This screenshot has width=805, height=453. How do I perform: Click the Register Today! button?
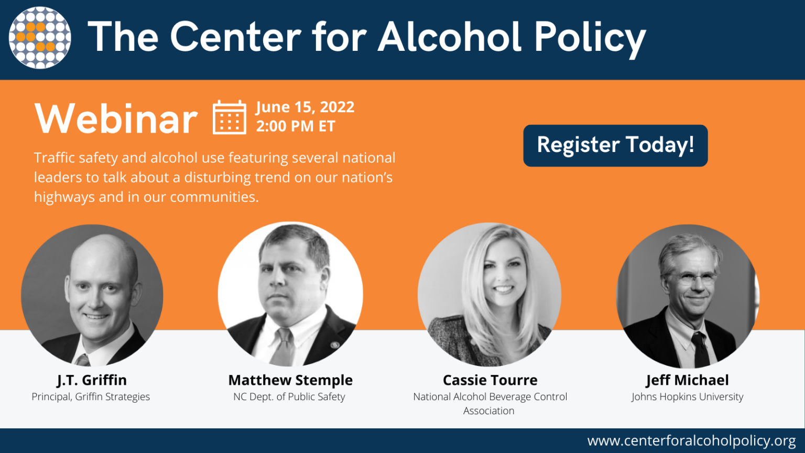point(615,145)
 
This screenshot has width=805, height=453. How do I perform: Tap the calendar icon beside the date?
point(230,117)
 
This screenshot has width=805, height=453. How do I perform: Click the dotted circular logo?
point(40,38)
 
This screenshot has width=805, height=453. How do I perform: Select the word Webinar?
point(116,119)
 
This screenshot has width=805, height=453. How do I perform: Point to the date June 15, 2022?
point(305,107)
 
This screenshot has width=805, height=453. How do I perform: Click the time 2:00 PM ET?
point(296,126)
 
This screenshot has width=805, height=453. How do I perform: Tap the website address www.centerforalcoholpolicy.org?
point(691,440)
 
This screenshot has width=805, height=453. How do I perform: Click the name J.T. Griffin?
point(92,380)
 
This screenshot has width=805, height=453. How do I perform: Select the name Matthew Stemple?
point(290,380)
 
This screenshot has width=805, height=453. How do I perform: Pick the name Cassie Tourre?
point(490,380)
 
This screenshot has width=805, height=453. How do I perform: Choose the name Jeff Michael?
point(687,380)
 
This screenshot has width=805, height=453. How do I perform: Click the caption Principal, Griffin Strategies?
point(91,397)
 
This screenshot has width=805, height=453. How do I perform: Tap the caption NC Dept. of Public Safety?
point(289,397)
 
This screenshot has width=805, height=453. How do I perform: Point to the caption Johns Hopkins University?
point(687,397)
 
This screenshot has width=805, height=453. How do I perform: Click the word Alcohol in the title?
point(450,38)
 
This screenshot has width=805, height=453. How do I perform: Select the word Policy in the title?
point(590,38)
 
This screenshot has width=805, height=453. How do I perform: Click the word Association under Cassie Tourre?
point(489,411)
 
